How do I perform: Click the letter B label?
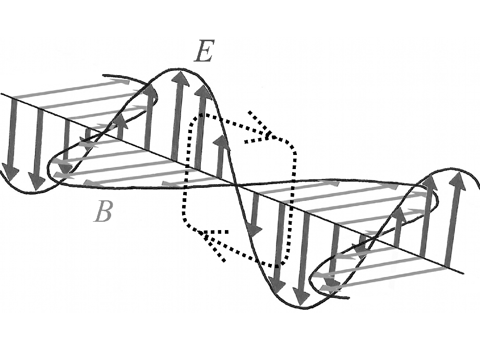[103, 211]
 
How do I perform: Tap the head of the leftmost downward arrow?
[10, 170]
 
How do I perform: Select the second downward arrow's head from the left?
[37, 182]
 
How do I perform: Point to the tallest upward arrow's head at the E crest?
[181, 78]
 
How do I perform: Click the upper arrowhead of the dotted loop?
[267, 135]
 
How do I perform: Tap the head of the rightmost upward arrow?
[458, 180]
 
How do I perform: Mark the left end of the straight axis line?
[2, 94]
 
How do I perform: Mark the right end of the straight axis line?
[463, 272]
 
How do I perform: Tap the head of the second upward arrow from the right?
[430, 183]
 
